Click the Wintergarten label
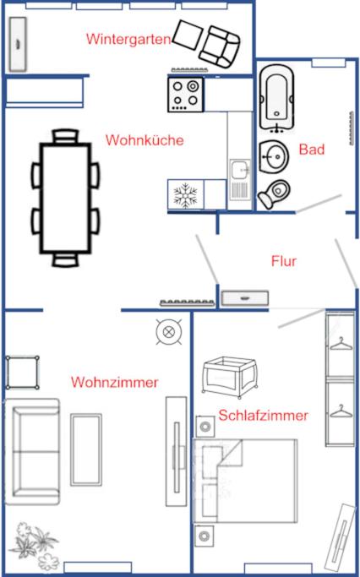pyautogui.click(x=128, y=39)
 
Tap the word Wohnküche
pyautogui.click(x=145, y=140)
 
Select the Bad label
pyautogui.click(x=312, y=150)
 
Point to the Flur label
pyautogui.click(x=284, y=261)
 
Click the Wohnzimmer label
pyautogui.click(x=114, y=382)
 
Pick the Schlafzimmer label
pyautogui.click(x=263, y=415)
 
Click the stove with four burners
pyautogui.click(x=186, y=95)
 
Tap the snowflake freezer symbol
pyautogui.click(x=186, y=194)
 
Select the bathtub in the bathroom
pyautogui.click(x=276, y=98)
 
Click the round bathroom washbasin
pyautogui.click(x=274, y=157)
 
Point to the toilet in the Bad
pyautogui.click(x=274, y=194)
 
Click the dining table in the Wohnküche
pyautogui.click(x=66, y=198)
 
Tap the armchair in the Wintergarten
pyautogui.click(x=220, y=46)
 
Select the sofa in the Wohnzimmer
pyautogui.click(x=32, y=451)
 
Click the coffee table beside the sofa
pyautogui.click(x=86, y=449)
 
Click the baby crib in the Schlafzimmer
pyautogui.click(x=230, y=378)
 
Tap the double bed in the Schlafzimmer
pyautogui.click(x=245, y=480)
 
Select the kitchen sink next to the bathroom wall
pyautogui.click(x=240, y=180)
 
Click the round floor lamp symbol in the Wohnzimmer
pyautogui.click(x=169, y=331)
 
